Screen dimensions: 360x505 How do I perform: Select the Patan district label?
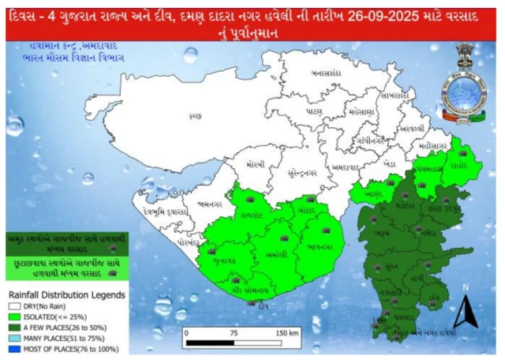(x=314, y=112)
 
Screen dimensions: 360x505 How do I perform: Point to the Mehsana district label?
(x=359, y=113)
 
